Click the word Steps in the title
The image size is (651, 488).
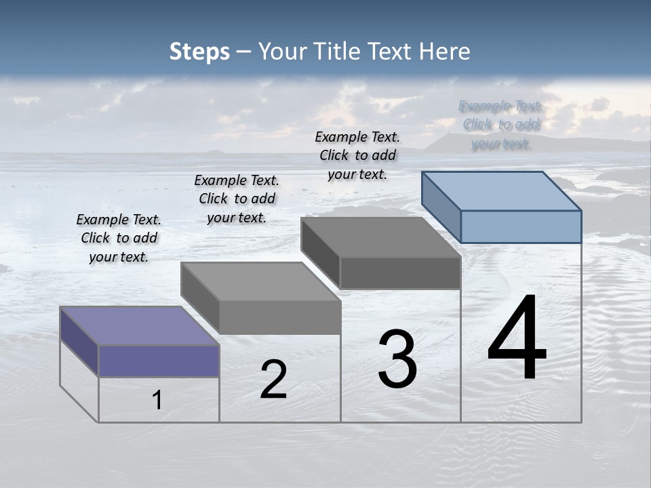199,52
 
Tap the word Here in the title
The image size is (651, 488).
445,52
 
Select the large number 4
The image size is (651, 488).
517,339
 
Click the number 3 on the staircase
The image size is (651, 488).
397,360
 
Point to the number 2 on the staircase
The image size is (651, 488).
273,380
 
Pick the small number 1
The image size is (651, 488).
157,401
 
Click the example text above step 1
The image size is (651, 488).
119,238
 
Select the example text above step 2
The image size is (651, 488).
237,199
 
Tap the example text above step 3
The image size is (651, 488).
357,155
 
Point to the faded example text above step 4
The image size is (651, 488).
501,125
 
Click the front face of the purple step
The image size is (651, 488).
159,361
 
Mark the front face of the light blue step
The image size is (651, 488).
521,226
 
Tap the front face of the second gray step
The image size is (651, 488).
279,317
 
